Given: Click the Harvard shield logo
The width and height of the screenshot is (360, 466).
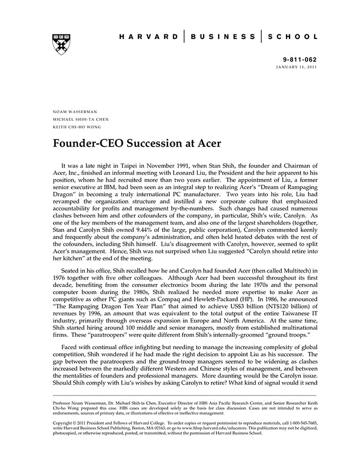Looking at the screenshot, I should (61, 44).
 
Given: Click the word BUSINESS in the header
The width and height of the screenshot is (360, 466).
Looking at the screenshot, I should (223, 37).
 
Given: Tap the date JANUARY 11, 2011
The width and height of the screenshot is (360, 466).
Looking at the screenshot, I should (297, 67).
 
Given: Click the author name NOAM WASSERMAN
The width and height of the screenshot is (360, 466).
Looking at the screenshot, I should (75, 111).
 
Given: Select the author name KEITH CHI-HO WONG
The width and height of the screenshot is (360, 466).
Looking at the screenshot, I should (77, 127).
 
